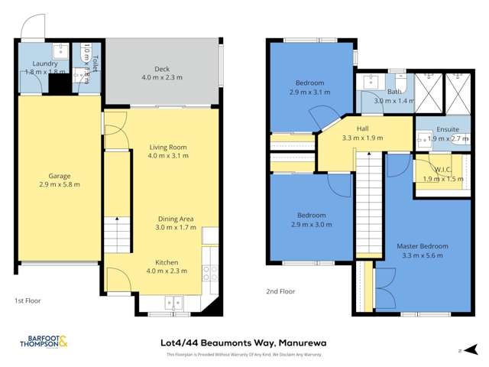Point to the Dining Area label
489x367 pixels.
[176, 218]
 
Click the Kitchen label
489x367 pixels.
[166, 261]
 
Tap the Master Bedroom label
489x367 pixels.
[422, 245]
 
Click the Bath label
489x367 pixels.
[394, 92]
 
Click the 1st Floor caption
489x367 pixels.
[28, 301]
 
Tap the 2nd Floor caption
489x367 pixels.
[280, 291]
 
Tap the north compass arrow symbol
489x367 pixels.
[461, 351]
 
